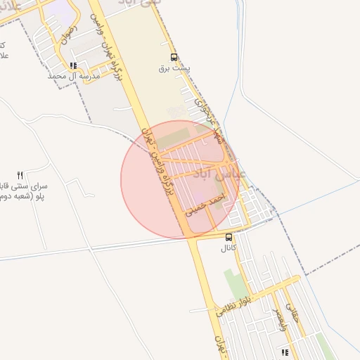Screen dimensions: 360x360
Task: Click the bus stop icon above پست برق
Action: (x=174, y=58)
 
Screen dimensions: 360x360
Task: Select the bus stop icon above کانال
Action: (x=229, y=237)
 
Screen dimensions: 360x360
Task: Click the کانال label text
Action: (x=229, y=248)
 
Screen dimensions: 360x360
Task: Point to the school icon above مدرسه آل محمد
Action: (x=73, y=65)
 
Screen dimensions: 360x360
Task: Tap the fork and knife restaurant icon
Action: (x=20, y=175)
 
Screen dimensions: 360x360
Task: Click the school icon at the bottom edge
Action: (x=284, y=352)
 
